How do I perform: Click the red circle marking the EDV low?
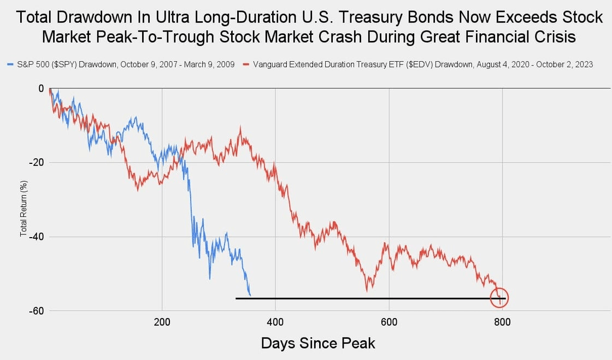click(x=499, y=298)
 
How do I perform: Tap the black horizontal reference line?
click(x=339, y=298)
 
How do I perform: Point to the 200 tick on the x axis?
click(x=162, y=321)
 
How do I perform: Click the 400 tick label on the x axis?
click(x=275, y=321)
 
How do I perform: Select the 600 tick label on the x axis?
click(x=389, y=321)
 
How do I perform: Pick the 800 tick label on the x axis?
click(x=502, y=321)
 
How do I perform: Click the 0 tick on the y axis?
click(x=40, y=88)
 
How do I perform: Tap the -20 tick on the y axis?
click(x=37, y=162)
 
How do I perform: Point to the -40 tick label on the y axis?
click(x=37, y=237)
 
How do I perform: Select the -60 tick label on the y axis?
click(x=37, y=311)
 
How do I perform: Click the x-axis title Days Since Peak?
click(x=317, y=343)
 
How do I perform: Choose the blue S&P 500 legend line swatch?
click(x=11, y=65)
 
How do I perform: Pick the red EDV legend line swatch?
click(x=246, y=65)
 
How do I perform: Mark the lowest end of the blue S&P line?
click(x=250, y=296)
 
